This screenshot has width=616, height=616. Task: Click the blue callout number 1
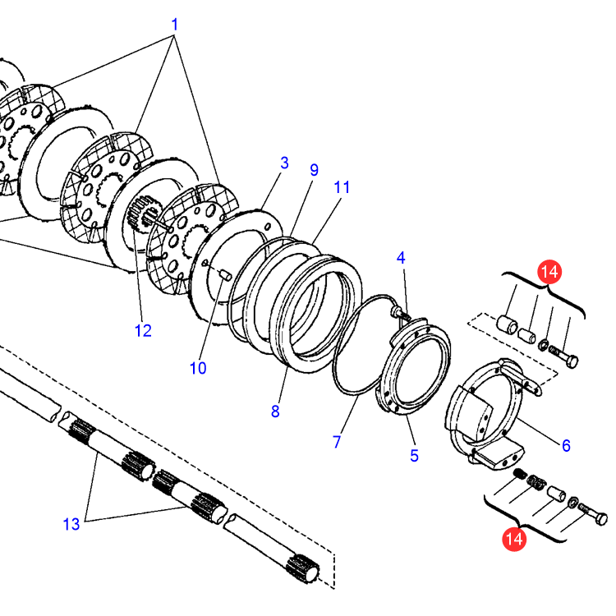point(174,25)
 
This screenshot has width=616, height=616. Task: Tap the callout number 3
point(284,163)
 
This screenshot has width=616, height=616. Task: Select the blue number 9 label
point(314,170)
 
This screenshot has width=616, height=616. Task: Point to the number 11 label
point(342,187)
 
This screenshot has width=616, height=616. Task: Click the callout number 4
point(401,258)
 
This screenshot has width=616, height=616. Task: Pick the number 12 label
point(144,330)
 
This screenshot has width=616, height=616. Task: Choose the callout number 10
point(198,368)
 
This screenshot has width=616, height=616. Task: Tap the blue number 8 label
point(275,411)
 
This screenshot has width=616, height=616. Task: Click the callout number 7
point(337,441)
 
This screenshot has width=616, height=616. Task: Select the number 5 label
point(415,455)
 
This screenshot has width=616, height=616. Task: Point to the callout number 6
point(566,445)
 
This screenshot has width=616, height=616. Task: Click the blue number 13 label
point(71,523)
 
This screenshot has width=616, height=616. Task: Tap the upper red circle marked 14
point(548,271)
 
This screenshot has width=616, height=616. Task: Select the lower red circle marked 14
point(515,539)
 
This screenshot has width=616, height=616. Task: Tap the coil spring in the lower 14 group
point(521,475)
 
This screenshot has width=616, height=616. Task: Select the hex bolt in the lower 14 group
point(595,517)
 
